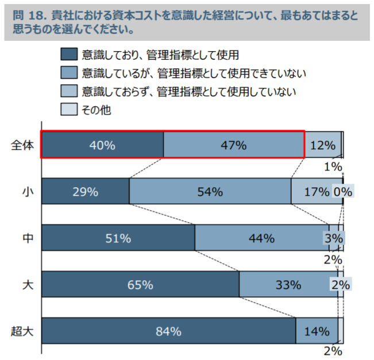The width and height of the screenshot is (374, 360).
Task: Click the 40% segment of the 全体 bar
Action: click(x=102, y=145)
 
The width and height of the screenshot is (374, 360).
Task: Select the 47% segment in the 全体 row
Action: click(x=233, y=145)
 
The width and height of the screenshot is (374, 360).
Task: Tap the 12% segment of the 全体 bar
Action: click(x=322, y=145)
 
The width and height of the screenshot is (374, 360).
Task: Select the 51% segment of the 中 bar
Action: click(x=118, y=238)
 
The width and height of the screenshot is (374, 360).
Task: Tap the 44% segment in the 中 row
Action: click(x=261, y=238)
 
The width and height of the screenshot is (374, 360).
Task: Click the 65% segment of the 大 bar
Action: click(x=140, y=284)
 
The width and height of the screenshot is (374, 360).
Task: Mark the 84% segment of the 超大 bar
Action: click(x=168, y=331)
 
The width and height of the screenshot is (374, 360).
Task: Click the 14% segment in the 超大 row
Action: click(x=316, y=331)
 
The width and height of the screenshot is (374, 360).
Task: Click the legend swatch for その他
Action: click(x=68, y=110)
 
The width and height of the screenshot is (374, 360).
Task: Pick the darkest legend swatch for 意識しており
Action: click(x=68, y=55)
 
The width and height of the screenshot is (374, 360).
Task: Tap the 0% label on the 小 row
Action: click(x=346, y=192)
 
